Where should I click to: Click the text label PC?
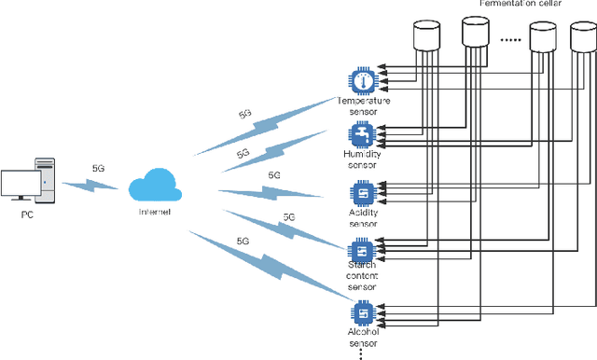point(26,215)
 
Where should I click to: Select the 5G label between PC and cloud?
point(98,169)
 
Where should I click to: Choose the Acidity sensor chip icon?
point(360,193)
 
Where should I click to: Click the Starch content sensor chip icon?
point(360,250)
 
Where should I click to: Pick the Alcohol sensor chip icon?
point(360,312)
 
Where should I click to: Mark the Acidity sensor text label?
point(361,219)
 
